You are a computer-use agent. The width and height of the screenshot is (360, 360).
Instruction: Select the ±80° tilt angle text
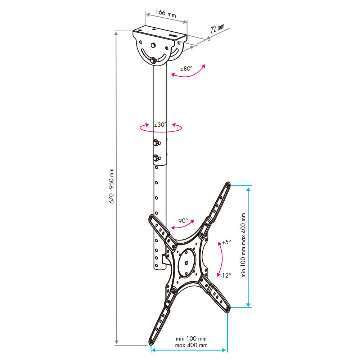pyautogui.click(x=186, y=68)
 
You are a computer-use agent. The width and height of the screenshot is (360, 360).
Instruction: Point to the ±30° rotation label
pyautogui.click(x=161, y=125)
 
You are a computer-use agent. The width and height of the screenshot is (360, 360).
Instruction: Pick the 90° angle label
pyautogui.click(x=183, y=221)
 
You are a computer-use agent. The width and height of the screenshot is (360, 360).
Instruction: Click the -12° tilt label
pyautogui.click(x=226, y=275)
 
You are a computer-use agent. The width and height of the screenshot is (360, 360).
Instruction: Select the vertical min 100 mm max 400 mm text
pyautogui.click(x=244, y=245)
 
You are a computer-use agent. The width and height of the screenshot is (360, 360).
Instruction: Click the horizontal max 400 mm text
pyautogui.click(x=191, y=345)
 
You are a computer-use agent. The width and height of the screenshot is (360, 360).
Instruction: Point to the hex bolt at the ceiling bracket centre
pyautogui.click(x=153, y=45)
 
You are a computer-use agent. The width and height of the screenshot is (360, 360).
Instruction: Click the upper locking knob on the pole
pyautogui.click(x=156, y=143)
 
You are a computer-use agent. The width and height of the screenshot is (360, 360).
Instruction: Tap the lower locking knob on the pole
pyautogui.click(x=156, y=158)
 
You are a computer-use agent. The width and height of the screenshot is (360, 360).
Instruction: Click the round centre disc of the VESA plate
pyautogui.click(x=186, y=262)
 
